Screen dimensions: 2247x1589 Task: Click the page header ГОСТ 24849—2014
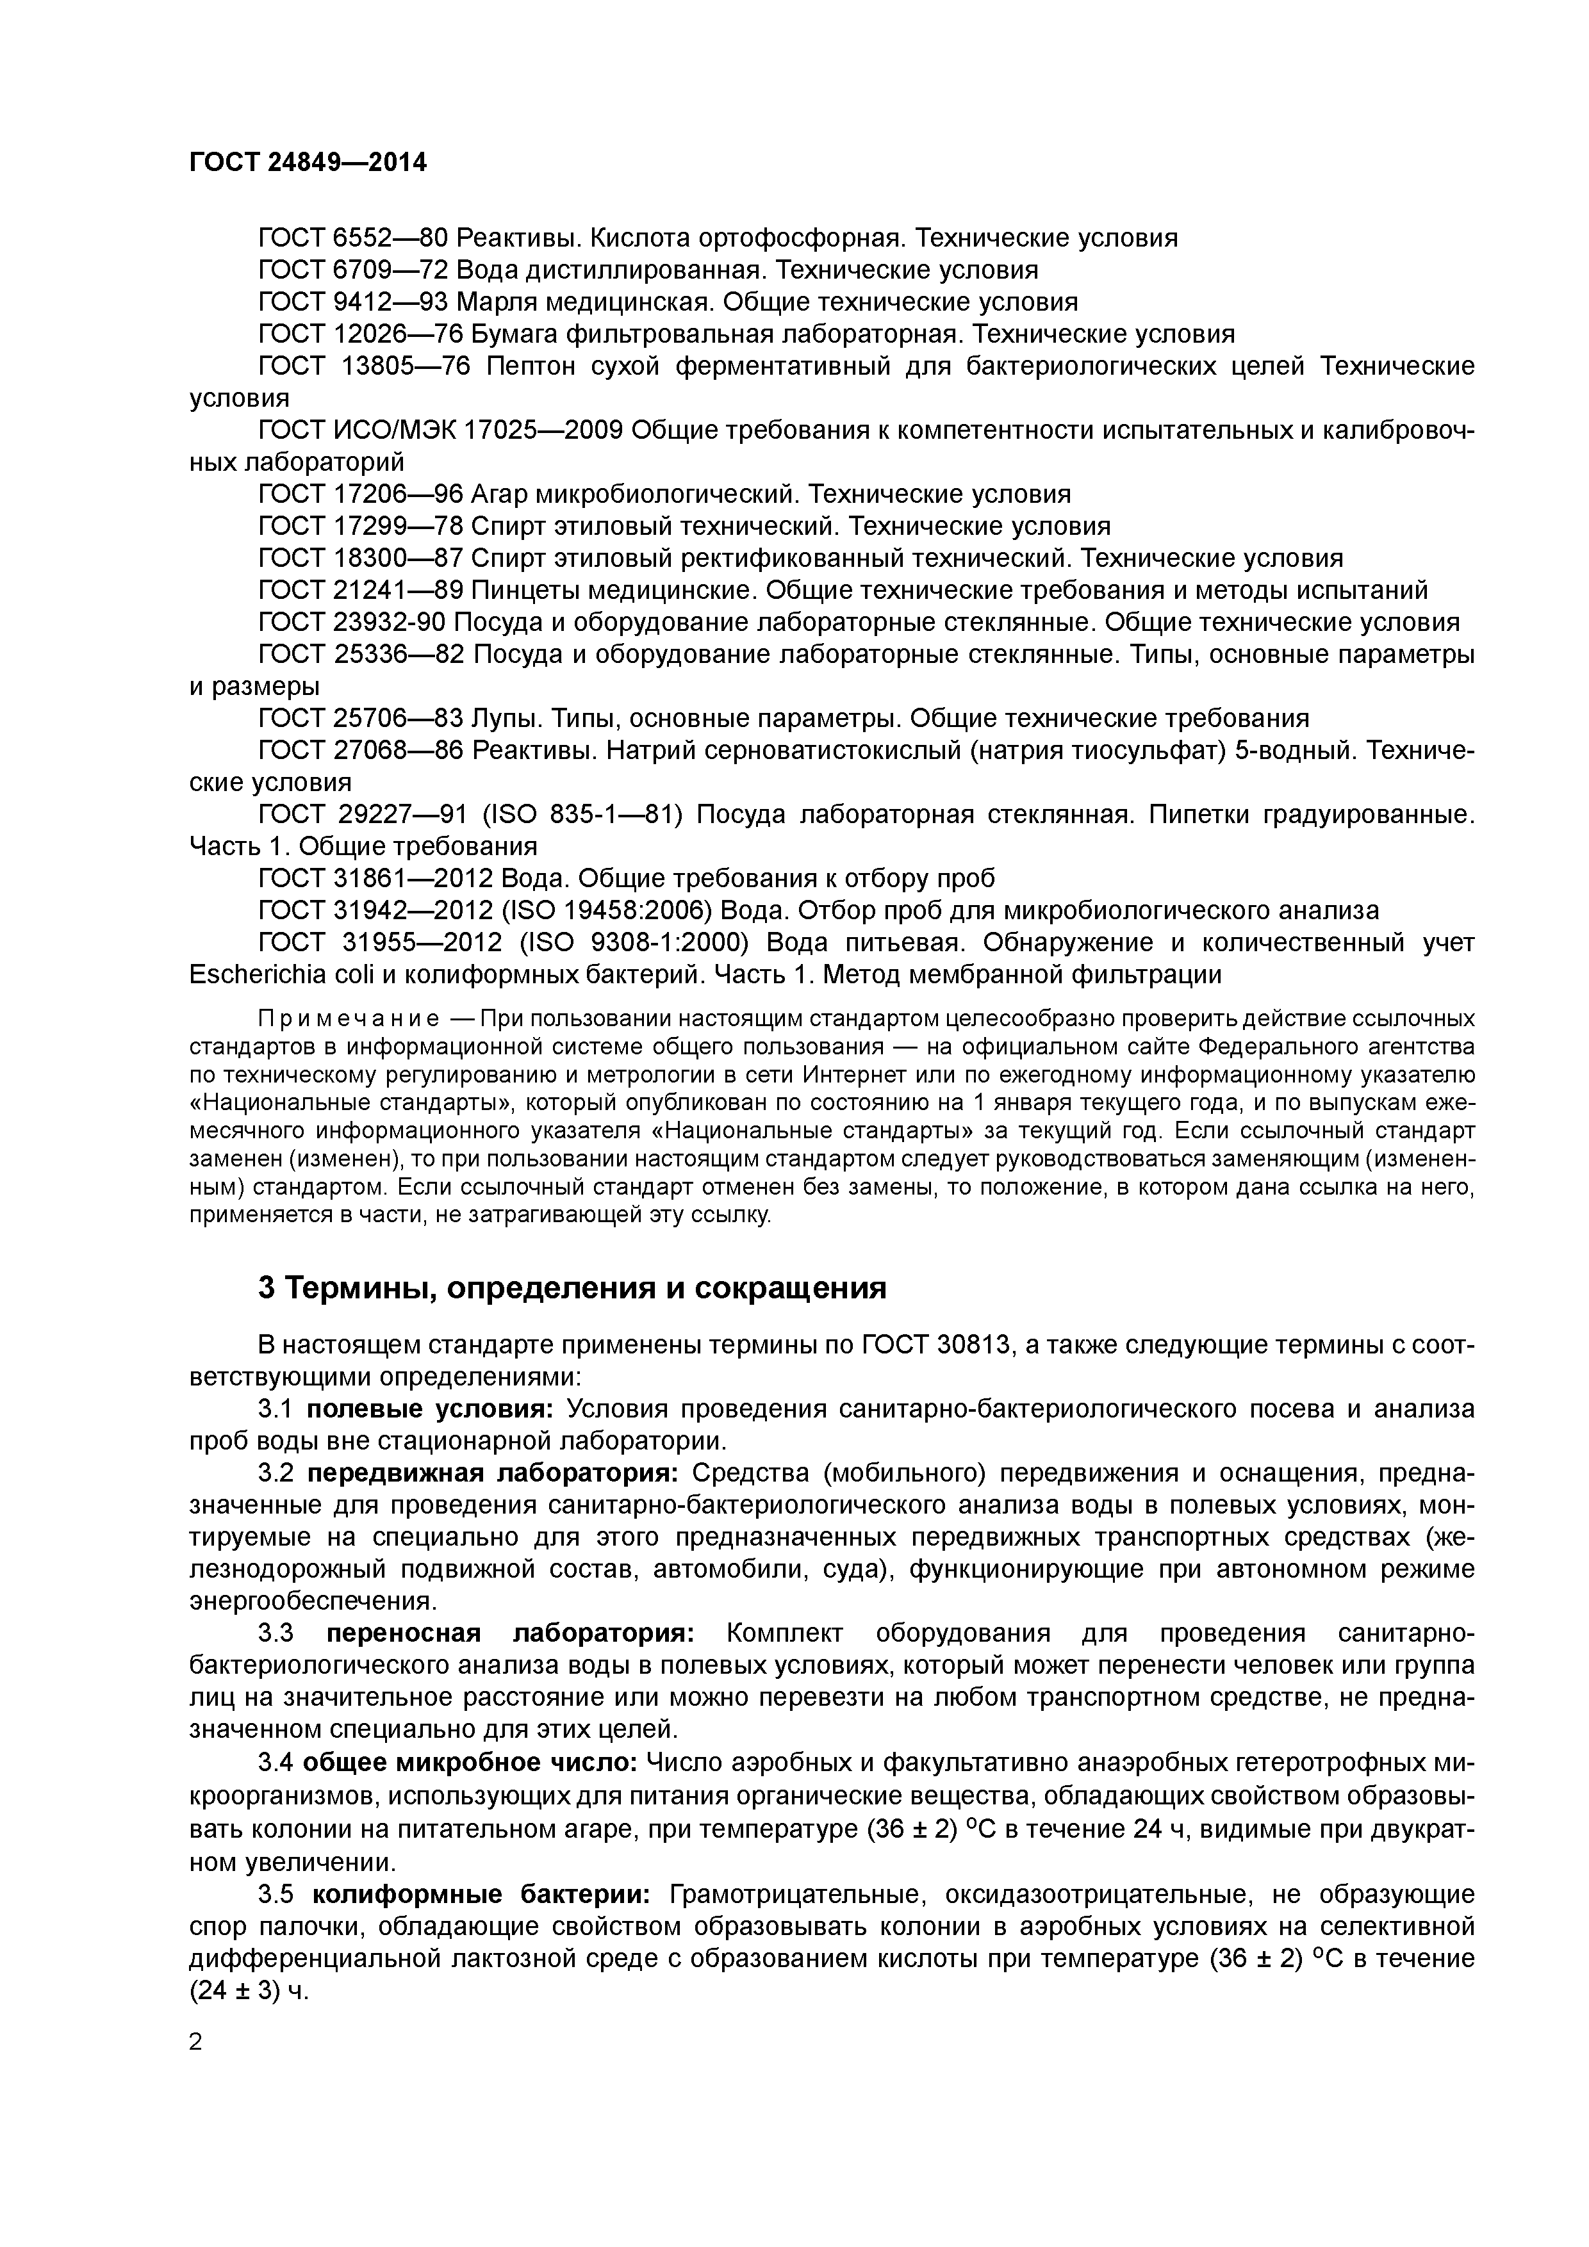[x=308, y=163]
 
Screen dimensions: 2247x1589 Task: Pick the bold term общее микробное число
[x=470, y=1763]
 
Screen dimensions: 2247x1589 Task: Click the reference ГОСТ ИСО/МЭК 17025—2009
[x=441, y=430]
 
